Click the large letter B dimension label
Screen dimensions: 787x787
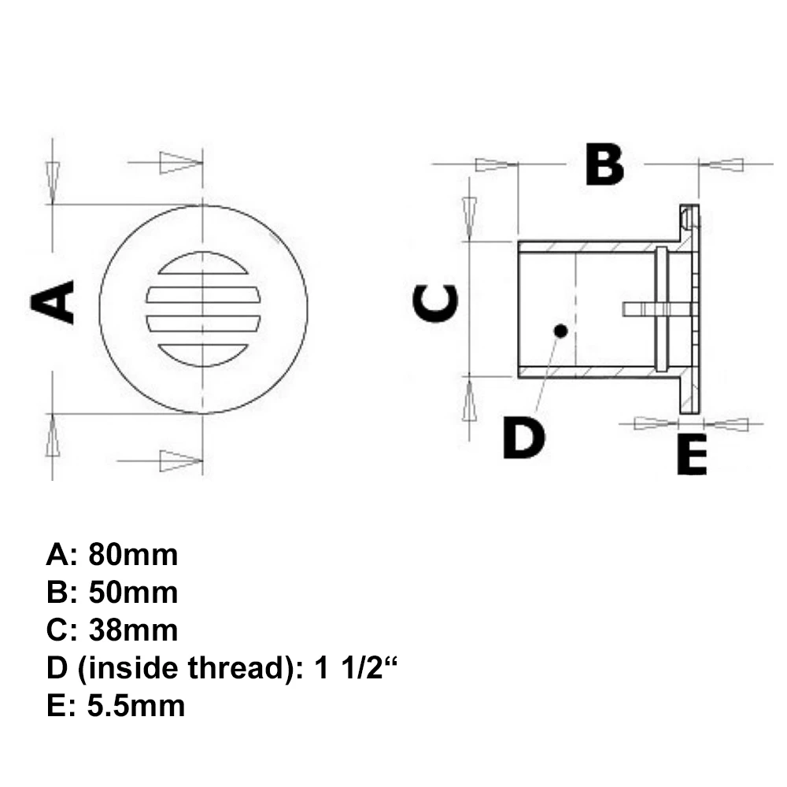(x=604, y=165)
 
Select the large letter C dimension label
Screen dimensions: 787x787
(x=436, y=304)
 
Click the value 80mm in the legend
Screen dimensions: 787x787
(x=133, y=555)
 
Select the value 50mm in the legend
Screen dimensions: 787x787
(x=133, y=593)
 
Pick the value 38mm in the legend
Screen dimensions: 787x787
(x=133, y=630)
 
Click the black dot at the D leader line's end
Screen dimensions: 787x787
(x=560, y=331)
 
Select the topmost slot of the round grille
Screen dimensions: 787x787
(x=203, y=266)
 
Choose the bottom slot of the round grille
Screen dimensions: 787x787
(x=203, y=353)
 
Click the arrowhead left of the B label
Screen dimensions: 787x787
(x=494, y=164)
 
